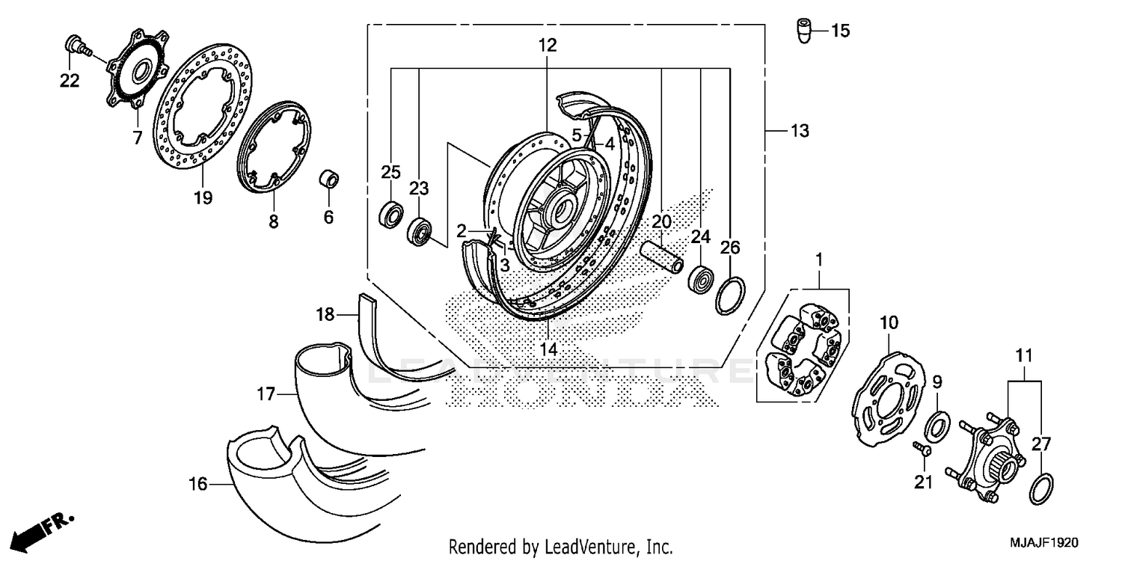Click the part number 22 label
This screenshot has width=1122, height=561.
coord(70,81)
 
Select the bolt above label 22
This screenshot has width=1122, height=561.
coord(75,46)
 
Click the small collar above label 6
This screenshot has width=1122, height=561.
coord(328,180)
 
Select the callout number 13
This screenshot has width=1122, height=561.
coord(800,132)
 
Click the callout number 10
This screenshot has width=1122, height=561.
coord(888,323)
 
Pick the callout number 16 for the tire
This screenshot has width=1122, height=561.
coord(197,485)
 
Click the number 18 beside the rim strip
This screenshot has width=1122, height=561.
coord(325,315)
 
